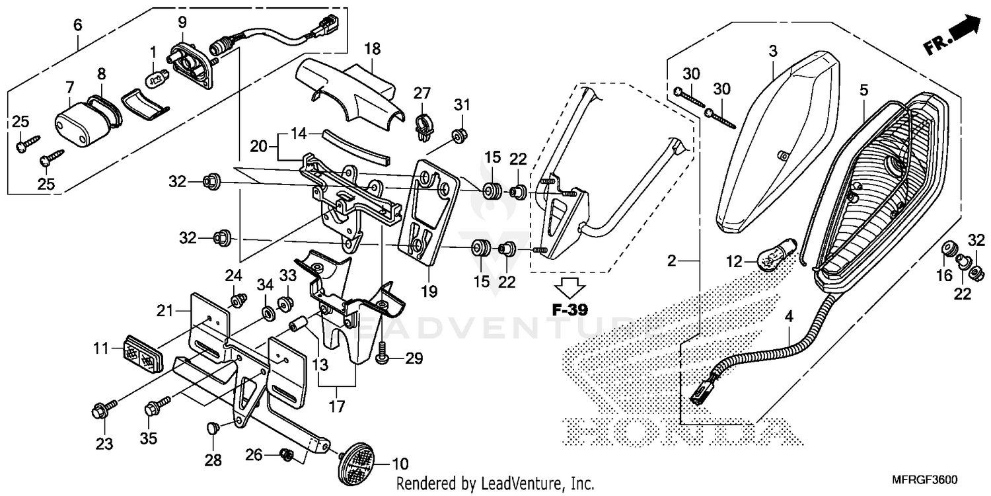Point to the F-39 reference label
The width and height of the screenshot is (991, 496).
click(x=569, y=309)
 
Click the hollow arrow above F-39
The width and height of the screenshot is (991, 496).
click(x=569, y=287)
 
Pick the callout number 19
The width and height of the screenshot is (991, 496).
click(x=429, y=290)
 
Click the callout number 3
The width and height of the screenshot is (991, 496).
click(x=774, y=51)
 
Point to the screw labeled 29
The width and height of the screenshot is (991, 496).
click(x=383, y=358)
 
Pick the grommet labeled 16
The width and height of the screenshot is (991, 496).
click(x=949, y=249)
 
